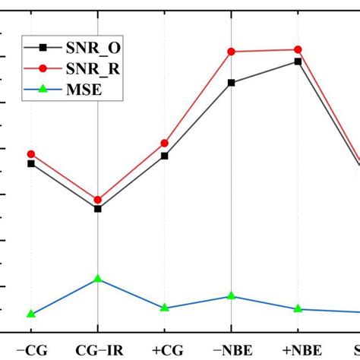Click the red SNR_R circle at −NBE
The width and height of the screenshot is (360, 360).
[x=231, y=52]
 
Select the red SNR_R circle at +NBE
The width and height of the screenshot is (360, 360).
[x=297, y=49]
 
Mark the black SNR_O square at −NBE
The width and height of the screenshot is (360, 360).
[x=231, y=83]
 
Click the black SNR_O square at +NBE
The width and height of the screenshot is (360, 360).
[x=297, y=62]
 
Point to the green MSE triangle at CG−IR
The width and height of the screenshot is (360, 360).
[x=98, y=279]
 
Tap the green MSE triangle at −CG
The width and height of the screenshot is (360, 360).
[x=31, y=314]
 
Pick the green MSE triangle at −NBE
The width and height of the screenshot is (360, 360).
[x=231, y=295]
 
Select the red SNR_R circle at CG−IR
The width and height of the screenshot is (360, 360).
[x=98, y=200]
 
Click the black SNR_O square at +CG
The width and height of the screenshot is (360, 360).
[x=164, y=156]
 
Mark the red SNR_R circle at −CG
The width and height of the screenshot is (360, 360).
[x=31, y=153]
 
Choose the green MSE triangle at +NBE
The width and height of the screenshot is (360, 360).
[x=297, y=308]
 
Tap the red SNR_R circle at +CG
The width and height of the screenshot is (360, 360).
[x=164, y=143]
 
